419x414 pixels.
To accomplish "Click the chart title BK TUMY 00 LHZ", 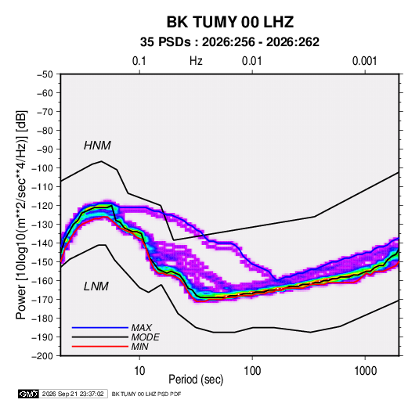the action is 230,22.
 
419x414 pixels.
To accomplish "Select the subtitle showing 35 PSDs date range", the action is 229,42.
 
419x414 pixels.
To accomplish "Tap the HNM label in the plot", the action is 97,146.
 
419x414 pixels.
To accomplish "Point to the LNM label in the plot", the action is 96,286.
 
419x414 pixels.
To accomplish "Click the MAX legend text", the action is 141,328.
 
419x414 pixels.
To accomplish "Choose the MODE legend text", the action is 145,337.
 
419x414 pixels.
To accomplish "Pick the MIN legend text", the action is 139,347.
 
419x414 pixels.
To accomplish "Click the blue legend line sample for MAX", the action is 100,328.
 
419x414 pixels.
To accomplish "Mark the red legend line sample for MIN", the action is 100,347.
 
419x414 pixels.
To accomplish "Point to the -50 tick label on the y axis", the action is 45,74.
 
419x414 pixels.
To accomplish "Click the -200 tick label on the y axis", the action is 42,356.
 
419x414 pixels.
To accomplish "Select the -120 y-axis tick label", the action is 42,206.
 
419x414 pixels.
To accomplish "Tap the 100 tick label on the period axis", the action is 252,371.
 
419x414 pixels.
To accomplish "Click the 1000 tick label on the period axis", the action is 365,371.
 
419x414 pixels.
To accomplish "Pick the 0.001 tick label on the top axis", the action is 364,61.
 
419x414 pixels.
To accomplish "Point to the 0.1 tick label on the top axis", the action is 139,61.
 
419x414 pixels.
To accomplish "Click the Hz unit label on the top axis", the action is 196,61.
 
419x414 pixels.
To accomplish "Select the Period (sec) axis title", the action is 196,380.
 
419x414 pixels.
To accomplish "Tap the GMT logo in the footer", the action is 29,394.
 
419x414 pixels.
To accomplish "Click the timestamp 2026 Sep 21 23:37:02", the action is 73,394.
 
